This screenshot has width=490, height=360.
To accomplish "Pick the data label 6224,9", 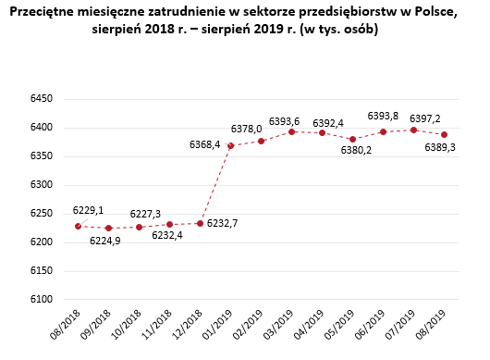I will [105, 242].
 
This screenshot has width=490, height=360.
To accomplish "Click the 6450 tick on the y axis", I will [43, 98].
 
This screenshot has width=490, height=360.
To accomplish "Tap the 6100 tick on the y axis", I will [43, 299].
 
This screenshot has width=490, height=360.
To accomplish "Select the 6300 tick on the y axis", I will [43, 184].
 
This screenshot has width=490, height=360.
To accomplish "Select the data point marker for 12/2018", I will [200, 223].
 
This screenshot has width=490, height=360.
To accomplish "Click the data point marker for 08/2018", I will [79, 226].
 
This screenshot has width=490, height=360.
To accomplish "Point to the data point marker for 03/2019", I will [291, 131].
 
